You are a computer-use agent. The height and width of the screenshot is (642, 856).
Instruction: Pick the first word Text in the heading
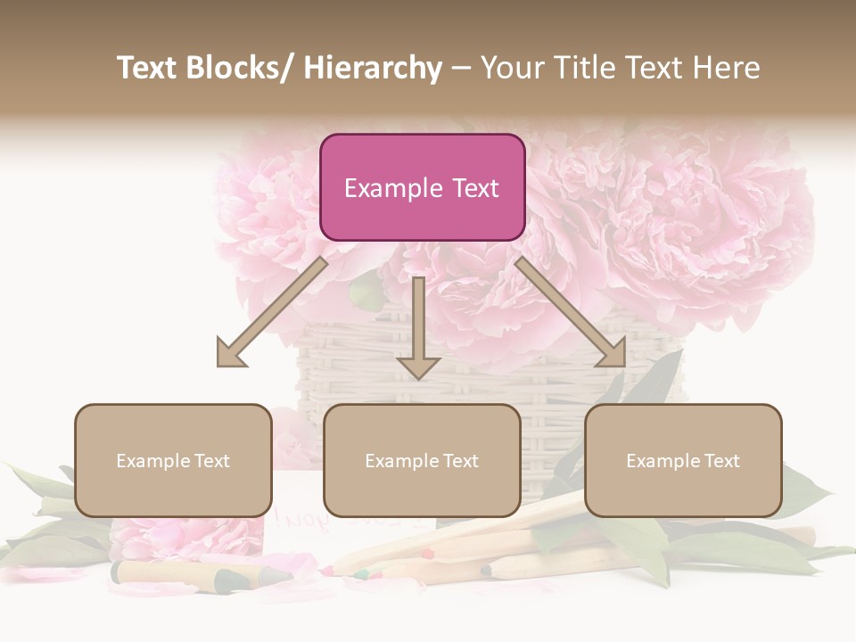click(147, 68)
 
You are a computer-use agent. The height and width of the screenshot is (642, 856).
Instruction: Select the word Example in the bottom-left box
click(153, 461)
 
